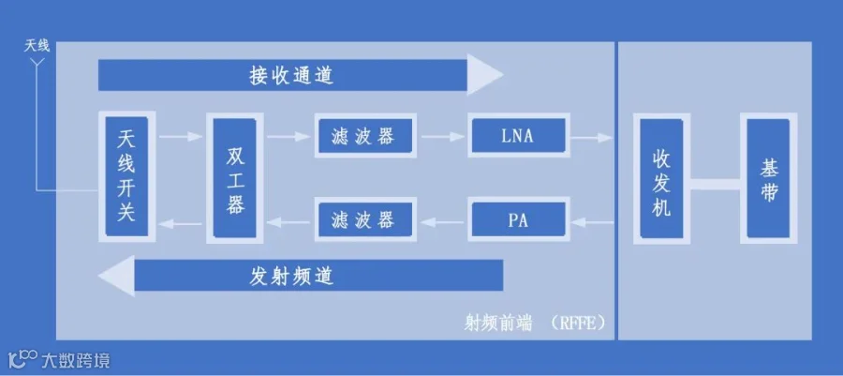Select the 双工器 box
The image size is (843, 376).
point(235,178)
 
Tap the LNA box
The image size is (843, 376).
point(517,137)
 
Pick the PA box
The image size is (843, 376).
point(518,221)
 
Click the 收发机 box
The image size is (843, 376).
point(661,179)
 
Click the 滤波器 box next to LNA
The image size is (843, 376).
point(362,137)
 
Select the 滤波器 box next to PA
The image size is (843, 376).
point(362,221)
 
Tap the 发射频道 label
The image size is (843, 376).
point(291,276)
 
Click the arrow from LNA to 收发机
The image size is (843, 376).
point(591,138)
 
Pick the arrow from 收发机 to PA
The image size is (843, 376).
point(591,222)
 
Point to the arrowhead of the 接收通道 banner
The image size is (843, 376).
point(486,75)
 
